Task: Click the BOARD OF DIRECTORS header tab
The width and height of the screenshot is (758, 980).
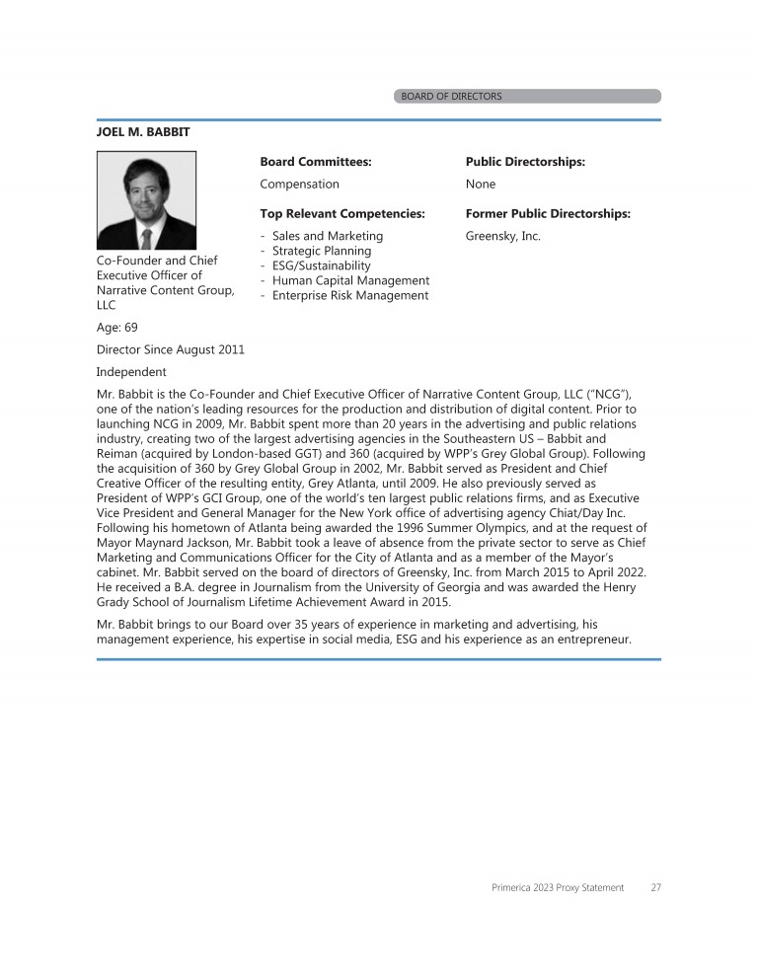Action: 526,97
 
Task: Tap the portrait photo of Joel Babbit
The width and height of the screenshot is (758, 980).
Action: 146,199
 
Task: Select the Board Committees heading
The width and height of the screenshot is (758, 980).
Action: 315,162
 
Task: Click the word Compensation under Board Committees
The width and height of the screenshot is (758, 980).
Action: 299,185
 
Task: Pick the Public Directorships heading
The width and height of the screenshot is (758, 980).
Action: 525,162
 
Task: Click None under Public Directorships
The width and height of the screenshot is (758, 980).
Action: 481,185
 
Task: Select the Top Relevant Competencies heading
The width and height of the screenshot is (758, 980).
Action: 341,214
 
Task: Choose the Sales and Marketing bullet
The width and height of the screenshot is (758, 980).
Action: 327,237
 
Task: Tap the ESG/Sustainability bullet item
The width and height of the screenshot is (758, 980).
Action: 321,265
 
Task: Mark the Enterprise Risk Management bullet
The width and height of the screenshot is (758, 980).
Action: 349,295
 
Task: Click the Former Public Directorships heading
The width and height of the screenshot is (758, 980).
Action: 547,214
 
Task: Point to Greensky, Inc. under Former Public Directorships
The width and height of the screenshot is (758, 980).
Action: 502,237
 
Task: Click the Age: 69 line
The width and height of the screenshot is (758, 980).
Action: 116,328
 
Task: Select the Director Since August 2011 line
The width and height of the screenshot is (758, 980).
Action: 170,349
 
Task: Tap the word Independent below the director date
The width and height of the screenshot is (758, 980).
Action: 131,372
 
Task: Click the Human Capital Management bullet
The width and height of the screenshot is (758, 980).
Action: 350,280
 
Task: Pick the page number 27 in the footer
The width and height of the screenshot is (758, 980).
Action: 655,887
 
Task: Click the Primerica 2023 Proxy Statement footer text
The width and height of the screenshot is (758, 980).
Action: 558,887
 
